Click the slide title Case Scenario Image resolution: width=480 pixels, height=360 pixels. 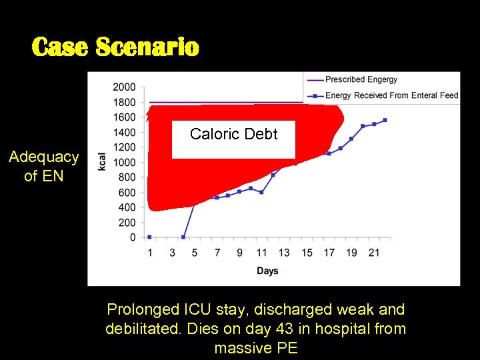tap(115, 47)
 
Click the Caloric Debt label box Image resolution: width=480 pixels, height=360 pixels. tap(233, 135)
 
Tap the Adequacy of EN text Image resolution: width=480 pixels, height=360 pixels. tap(43, 166)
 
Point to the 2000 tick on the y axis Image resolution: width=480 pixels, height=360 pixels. tap(124, 87)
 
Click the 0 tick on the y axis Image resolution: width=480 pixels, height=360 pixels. tap(132, 237)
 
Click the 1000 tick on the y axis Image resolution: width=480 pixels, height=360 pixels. tap(124, 162)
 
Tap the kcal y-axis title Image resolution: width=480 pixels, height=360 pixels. tap(102, 162)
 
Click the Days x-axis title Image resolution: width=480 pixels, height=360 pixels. tap(267, 271)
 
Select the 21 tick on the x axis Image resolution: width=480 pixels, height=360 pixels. tap(374, 253)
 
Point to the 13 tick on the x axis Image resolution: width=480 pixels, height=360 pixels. tap(284, 253)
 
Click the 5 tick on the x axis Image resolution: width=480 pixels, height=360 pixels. tap(195, 253)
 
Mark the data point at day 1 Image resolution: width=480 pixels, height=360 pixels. tap(149, 237)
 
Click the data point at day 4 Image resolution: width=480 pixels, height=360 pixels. tap(183, 237)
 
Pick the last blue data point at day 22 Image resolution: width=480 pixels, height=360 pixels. tap(385, 120)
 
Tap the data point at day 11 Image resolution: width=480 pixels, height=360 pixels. tap(261, 192)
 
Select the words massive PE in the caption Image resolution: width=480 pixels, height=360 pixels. tap(256, 347)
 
